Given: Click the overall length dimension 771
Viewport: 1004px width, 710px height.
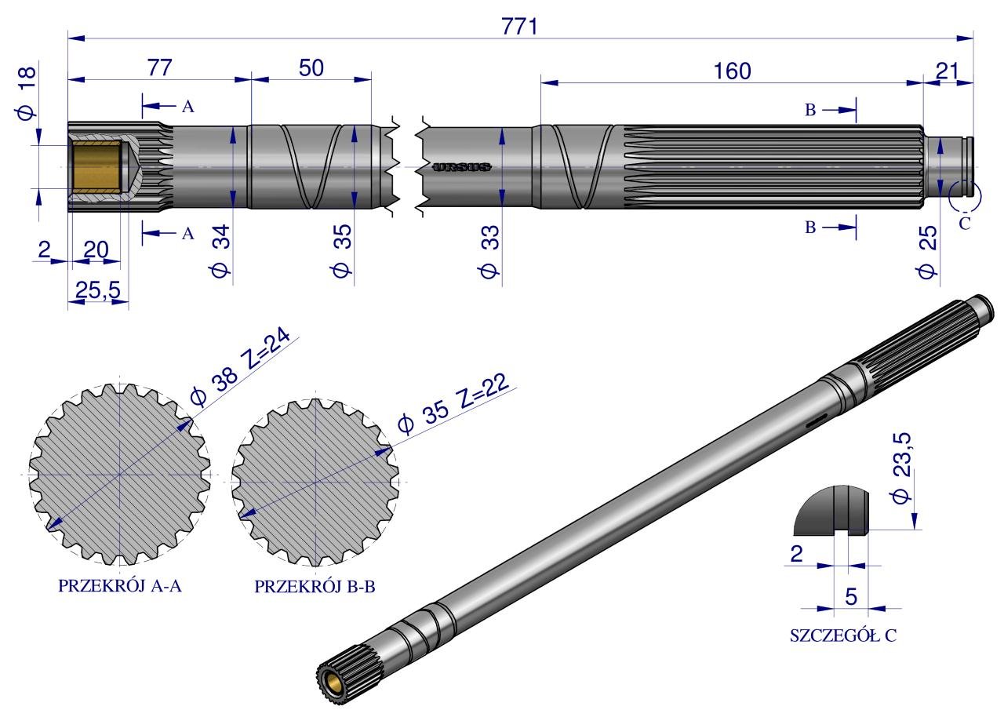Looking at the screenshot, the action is point(519,27).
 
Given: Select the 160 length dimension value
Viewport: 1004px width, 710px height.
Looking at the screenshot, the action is point(732,71).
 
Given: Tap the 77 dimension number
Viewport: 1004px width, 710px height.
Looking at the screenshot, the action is point(159,67).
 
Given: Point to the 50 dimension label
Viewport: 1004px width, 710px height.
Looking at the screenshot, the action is point(311,68).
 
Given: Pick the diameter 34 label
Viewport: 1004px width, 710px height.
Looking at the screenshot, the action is point(220,251).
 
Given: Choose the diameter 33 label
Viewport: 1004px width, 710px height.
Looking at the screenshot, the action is point(489,252).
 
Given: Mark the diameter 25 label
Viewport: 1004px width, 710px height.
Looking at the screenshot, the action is point(926,252).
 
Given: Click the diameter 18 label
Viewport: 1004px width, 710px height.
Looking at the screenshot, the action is point(27,93).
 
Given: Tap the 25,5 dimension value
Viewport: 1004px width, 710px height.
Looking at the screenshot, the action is point(98,290).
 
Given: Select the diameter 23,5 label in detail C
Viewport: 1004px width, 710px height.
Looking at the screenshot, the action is point(901,468).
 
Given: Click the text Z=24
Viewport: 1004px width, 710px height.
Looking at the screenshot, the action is point(266,349).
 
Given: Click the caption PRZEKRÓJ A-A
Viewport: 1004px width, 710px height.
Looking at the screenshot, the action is point(120,586).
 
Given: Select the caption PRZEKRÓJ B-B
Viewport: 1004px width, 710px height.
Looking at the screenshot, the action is point(315,587).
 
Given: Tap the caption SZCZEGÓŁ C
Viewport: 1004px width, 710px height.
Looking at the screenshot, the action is point(843,635).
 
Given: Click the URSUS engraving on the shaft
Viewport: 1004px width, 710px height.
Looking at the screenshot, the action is point(462,167).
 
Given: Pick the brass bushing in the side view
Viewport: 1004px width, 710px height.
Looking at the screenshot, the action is point(96,167).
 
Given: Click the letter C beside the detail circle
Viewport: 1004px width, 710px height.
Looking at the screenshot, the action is point(965,223).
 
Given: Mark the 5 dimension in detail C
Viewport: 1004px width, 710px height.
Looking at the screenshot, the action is point(851,596).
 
